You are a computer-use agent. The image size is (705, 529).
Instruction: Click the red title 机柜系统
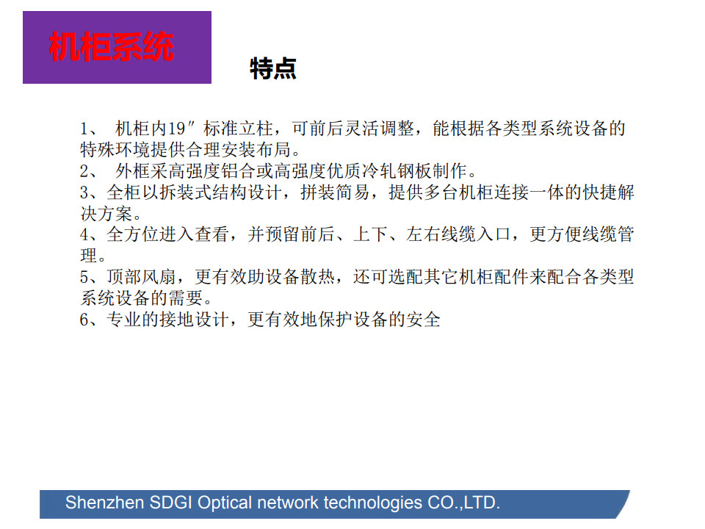point(112,46)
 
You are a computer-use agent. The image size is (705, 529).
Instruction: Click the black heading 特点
point(273,69)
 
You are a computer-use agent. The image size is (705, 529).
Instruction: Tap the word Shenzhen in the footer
point(105,503)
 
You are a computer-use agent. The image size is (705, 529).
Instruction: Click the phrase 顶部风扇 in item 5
point(141,277)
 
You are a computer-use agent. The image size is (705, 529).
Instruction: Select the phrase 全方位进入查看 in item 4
point(167,234)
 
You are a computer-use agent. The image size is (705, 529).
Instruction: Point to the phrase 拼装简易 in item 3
point(335,192)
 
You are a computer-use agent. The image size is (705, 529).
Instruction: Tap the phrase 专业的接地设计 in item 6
point(167,320)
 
